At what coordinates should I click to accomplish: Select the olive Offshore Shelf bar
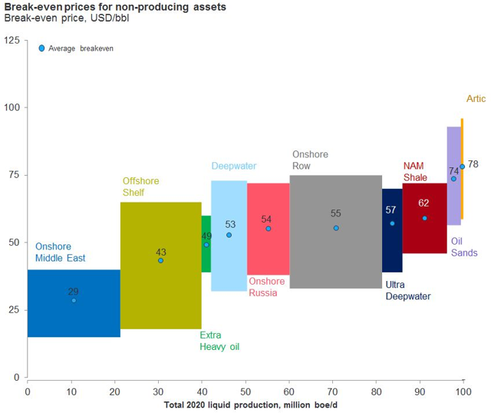point(161,292)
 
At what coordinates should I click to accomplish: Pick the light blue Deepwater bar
point(229,261)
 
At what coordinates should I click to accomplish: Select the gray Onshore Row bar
point(335,253)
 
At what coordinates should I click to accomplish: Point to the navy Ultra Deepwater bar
point(392,246)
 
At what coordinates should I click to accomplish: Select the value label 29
point(73,291)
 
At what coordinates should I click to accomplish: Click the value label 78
point(473,164)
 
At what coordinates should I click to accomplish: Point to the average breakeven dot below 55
point(336,228)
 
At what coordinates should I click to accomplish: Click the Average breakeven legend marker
point(41,48)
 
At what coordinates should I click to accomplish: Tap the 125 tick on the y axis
point(12,40)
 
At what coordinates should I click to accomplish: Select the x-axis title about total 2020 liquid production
point(245,404)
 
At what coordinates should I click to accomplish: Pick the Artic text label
point(476,99)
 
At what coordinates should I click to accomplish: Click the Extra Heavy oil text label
point(219,341)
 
